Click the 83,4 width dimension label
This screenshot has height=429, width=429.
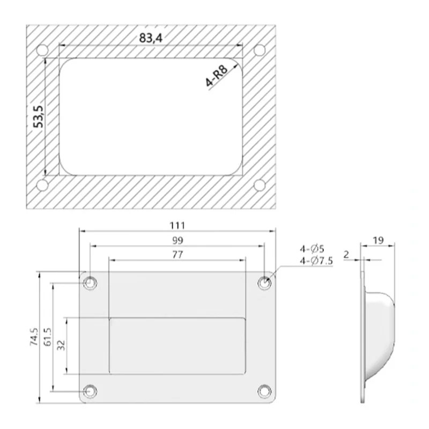click(x=151, y=38)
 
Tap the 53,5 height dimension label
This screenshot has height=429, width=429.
click(x=38, y=116)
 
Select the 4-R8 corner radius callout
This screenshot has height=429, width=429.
click(x=217, y=76)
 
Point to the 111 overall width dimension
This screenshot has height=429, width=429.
click(x=177, y=226)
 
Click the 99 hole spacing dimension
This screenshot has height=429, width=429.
click(x=177, y=240)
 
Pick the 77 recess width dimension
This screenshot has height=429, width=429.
click(x=177, y=255)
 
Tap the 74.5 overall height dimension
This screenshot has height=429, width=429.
click(x=34, y=337)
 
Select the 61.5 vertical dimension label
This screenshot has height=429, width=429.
click(x=48, y=337)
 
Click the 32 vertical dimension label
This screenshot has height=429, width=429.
click(x=61, y=345)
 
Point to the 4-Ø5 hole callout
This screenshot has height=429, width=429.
click(x=312, y=249)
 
